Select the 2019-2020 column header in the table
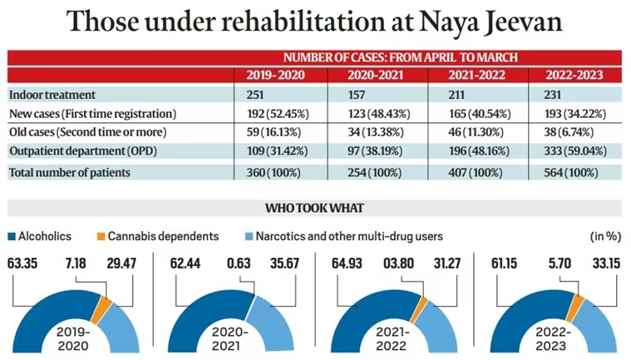[x=275, y=76]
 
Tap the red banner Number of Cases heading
[x=401, y=57]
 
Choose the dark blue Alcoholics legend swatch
[x=12, y=236]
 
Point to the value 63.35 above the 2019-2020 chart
[x=27, y=265]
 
